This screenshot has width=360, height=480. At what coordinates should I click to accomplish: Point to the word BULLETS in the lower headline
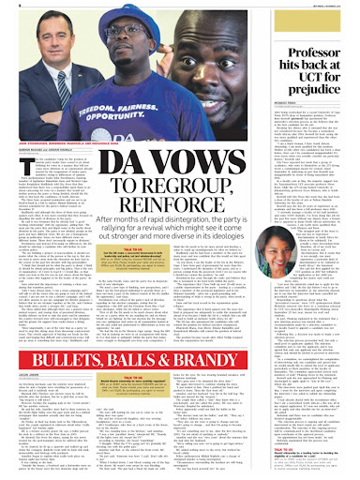[55, 331]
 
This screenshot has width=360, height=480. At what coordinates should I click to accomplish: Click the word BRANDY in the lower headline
[209, 331]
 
